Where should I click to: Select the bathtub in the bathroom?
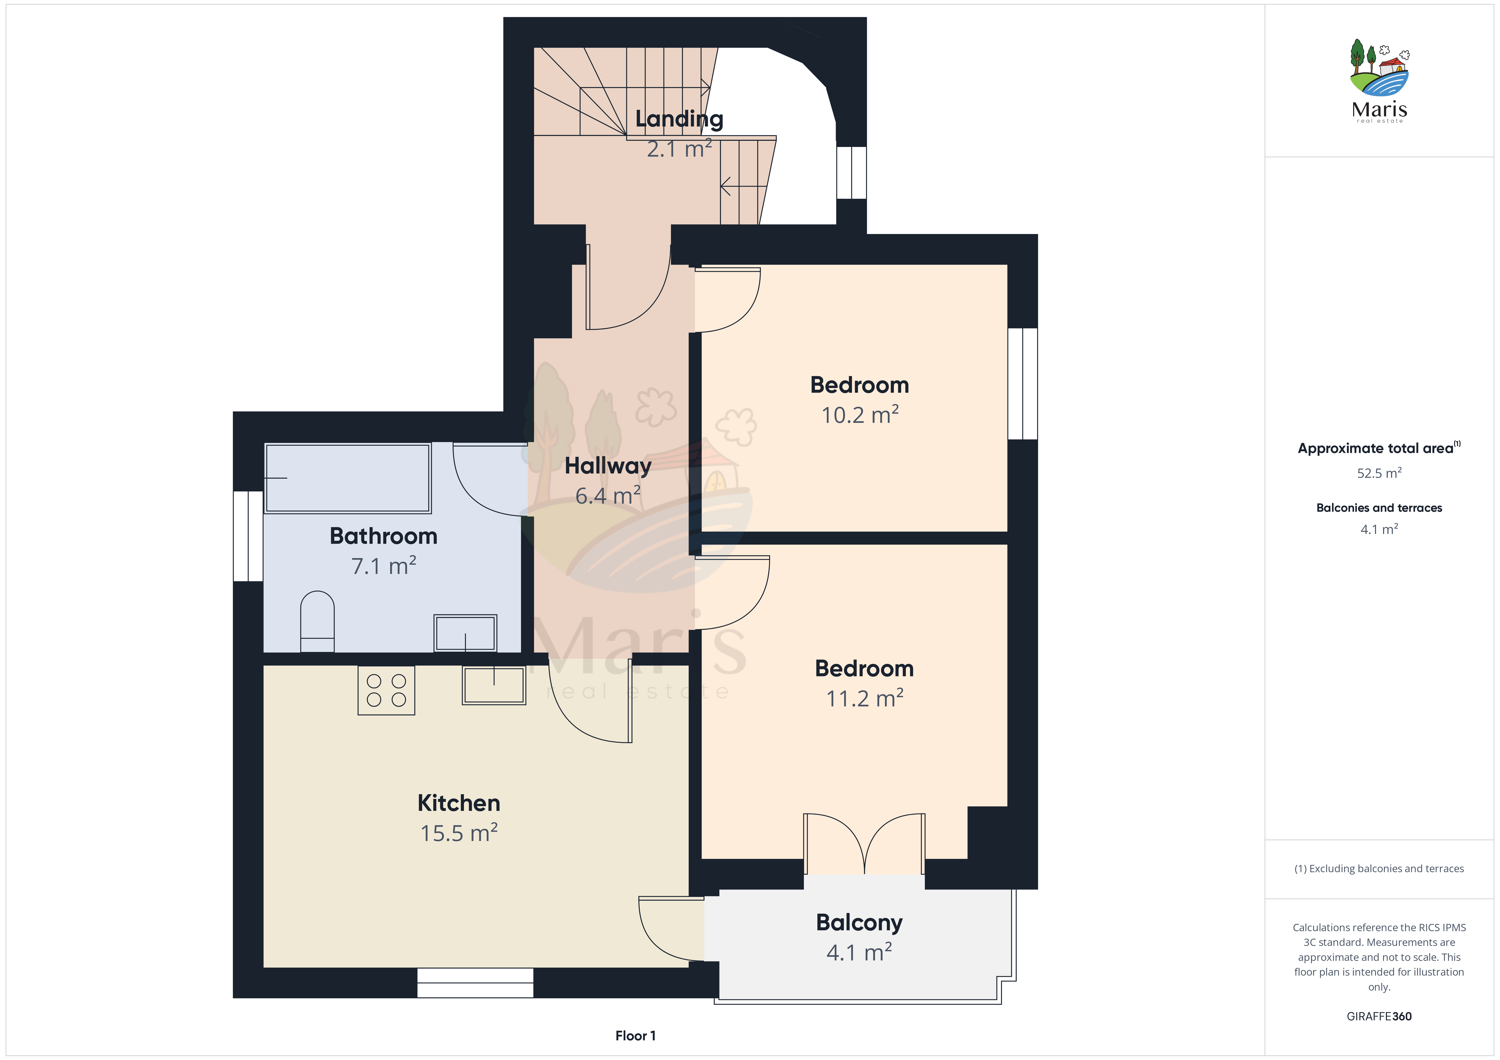click(348, 478)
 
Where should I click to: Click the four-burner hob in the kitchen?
click(386, 690)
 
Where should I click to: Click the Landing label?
click(679, 119)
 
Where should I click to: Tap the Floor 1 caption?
click(635, 1036)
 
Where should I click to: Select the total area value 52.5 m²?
click(1379, 473)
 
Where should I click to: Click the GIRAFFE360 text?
click(1379, 1016)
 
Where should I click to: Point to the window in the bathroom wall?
click(248, 536)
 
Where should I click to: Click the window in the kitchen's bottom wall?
click(475, 983)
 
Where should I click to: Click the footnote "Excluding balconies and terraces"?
click(1386, 869)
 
